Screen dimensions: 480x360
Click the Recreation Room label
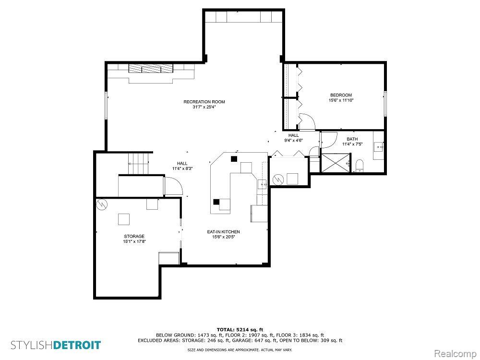(x=204, y=102)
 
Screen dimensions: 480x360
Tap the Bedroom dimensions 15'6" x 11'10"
(x=341, y=100)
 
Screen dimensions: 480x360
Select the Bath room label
(x=352, y=139)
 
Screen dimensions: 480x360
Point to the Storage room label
(x=134, y=236)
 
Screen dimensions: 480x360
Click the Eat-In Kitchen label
(x=223, y=232)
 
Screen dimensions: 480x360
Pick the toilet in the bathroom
(x=360, y=166)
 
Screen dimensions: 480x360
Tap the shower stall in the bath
(x=335, y=163)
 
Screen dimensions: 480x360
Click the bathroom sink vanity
(x=378, y=145)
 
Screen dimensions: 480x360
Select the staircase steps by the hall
(x=138, y=163)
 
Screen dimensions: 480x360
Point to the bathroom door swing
(x=328, y=140)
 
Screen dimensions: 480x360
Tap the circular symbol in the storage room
(x=101, y=204)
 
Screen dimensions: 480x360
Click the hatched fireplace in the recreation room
(x=151, y=68)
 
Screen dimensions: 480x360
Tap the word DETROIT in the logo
(x=77, y=345)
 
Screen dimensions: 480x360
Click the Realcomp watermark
(x=455, y=354)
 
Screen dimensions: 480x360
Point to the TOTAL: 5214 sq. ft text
(x=240, y=330)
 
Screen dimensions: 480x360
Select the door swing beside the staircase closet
(x=173, y=185)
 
